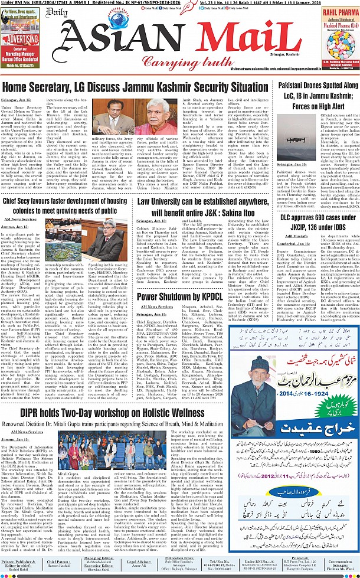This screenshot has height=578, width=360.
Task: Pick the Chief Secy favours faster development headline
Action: click(67, 207)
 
